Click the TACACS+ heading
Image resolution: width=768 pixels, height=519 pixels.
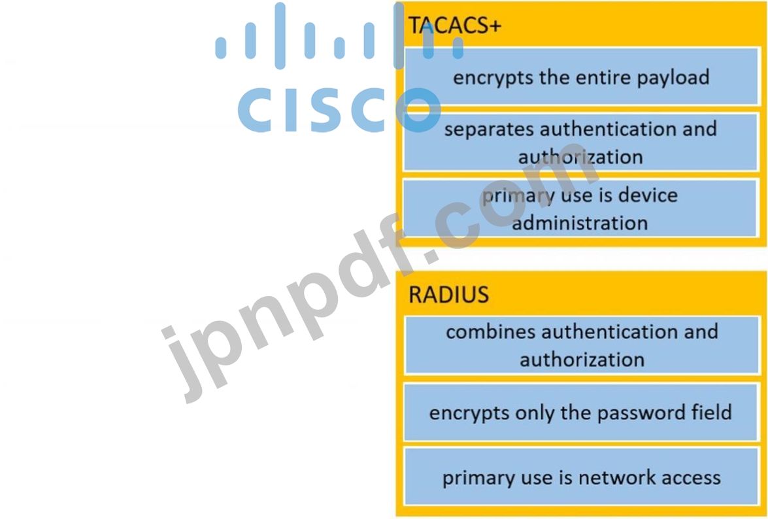pyautogui.click(x=455, y=25)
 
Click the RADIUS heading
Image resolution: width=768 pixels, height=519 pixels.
pyautogui.click(x=448, y=294)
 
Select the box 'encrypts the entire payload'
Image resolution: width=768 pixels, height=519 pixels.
pyautogui.click(x=581, y=77)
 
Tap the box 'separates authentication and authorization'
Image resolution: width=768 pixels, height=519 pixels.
pyautogui.click(x=581, y=142)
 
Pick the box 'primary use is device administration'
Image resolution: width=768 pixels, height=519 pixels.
pyautogui.click(x=581, y=209)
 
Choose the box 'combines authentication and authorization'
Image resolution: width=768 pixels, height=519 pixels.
pyautogui.click(x=581, y=345)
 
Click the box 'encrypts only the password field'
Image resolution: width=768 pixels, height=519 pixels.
pyautogui.click(x=581, y=412)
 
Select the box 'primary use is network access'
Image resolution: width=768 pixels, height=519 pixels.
pyautogui.click(x=581, y=477)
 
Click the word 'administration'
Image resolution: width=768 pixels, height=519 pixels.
pyautogui.click(x=580, y=223)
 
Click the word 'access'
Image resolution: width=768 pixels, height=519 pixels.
pyautogui.click(x=685, y=478)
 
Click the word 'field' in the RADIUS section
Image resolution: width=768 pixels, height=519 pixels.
pyautogui.click(x=711, y=412)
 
